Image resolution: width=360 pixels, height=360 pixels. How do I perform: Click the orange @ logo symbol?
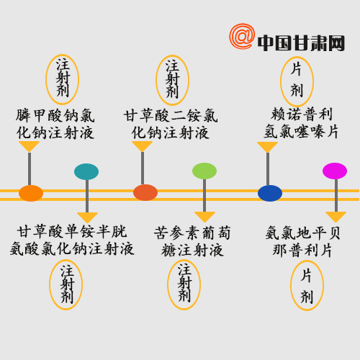[242, 36]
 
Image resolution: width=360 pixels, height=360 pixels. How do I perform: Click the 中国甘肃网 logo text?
[301, 43]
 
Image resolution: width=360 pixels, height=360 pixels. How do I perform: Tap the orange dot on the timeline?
[31, 193]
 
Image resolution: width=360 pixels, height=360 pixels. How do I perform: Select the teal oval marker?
[86, 171]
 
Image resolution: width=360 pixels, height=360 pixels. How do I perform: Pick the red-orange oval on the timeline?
[145, 192]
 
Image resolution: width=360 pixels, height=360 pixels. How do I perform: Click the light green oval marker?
[204, 171]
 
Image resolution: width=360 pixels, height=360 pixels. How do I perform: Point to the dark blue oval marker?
[270, 193]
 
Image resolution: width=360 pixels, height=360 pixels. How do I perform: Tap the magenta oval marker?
[335, 171]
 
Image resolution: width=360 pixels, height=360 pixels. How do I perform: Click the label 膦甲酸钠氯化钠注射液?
[55, 124]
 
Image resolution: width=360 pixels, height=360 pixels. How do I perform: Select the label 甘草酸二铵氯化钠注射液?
[171, 124]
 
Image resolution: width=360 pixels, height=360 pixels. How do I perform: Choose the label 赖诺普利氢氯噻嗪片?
[301, 123]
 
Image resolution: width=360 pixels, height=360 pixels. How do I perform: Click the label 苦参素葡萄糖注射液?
[192, 241]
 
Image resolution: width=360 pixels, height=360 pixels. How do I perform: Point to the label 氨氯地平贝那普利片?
[303, 241]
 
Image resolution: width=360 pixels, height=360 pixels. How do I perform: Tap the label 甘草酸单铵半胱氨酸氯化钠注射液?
[72, 240]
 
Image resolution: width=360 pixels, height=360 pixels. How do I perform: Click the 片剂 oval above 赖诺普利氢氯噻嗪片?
[297, 81]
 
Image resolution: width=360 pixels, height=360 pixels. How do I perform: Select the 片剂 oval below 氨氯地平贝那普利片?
[307, 285]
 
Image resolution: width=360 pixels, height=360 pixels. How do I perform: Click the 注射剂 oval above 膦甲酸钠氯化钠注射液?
[62, 79]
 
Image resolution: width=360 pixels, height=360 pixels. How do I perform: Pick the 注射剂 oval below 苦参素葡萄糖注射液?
[184, 284]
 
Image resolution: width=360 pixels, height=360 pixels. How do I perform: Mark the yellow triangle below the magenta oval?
[336, 217]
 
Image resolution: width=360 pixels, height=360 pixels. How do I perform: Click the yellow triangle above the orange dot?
[29, 146]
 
